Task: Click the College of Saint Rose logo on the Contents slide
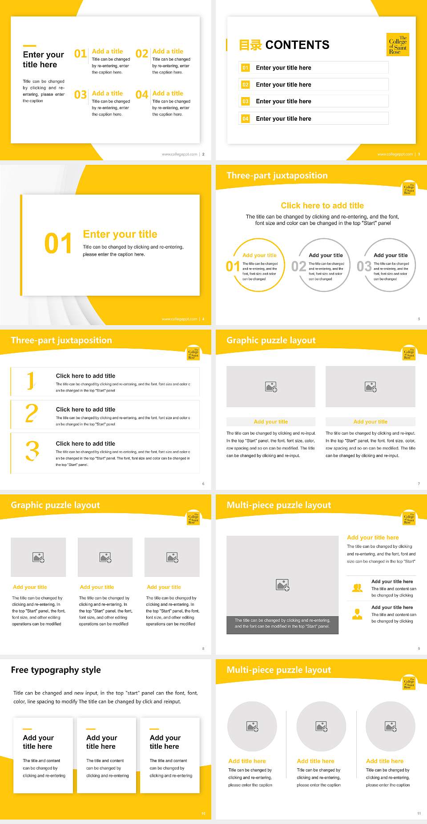pos(398,45)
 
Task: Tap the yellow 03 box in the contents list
pos(245,102)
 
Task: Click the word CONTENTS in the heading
pos(297,45)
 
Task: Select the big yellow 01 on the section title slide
pos(58,244)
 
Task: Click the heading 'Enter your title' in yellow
pos(120,234)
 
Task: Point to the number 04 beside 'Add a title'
pos(141,95)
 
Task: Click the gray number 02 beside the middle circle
pos(298,266)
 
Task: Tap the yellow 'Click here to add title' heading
pos(322,205)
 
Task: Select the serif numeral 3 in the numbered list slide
pos(32,451)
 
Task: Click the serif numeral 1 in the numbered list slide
pos(31,381)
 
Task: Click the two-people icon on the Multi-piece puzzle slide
pos(357,588)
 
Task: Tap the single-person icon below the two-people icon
pos(357,614)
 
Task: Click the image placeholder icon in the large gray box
pos(282,585)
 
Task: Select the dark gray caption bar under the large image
pos(282,623)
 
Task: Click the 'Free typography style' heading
pos(56,670)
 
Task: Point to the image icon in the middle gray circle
pos(322,727)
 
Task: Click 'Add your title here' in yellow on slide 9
pos(373,538)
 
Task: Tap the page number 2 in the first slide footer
pos(203,154)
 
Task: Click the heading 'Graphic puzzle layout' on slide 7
pos(271,340)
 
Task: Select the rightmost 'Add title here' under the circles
pos(385,761)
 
